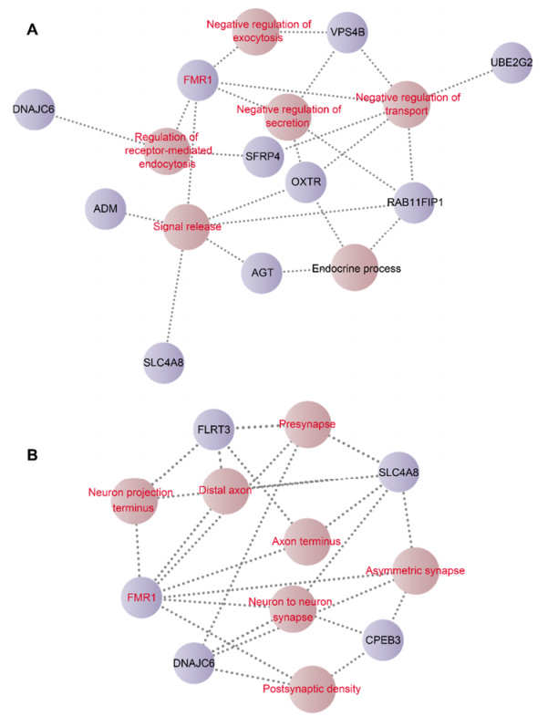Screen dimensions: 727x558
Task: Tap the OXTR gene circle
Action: pos(308,183)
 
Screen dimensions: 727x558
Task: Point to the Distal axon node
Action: pos(225,490)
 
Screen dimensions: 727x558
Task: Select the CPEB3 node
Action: pos(387,641)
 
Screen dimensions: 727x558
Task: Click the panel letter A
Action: pos(32,30)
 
